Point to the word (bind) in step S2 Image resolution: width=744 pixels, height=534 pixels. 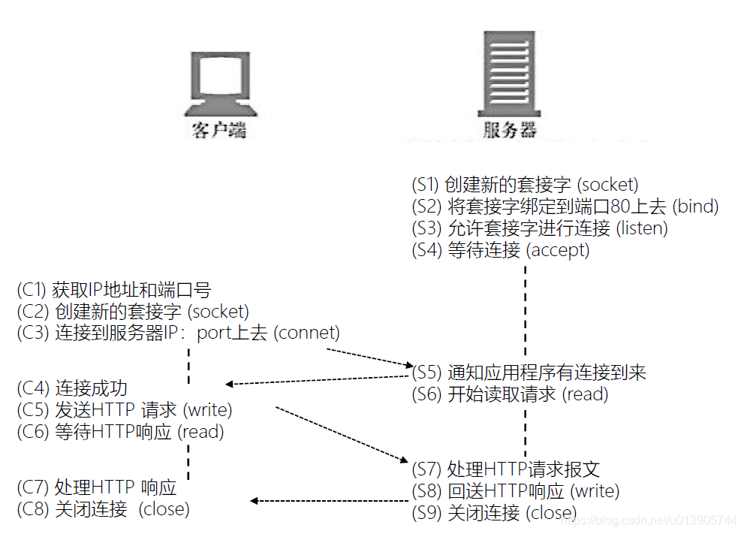(x=695, y=206)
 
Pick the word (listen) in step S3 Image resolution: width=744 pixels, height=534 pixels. (x=642, y=228)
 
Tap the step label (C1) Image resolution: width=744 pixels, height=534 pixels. (x=32, y=289)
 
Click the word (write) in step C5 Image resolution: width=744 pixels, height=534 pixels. (x=207, y=410)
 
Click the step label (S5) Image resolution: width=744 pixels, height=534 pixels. (x=428, y=373)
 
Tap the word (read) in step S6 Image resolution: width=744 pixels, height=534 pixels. (x=585, y=394)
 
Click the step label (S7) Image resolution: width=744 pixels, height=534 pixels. (x=428, y=470)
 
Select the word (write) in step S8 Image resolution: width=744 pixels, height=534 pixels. (x=595, y=492)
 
